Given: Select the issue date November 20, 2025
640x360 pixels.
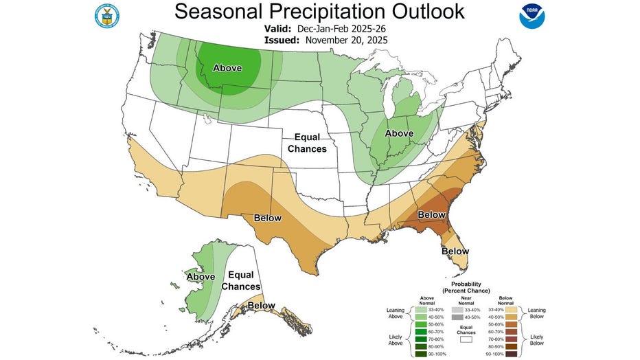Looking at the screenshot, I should click(347, 40).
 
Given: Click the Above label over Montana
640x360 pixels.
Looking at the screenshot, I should click(227, 67).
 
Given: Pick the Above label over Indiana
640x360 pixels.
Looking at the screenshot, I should click(398, 133).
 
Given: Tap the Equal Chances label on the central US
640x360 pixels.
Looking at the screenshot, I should click(307, 142).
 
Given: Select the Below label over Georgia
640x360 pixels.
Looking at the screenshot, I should click(432, 214).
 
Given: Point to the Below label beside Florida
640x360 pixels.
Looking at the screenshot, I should click(455, 251).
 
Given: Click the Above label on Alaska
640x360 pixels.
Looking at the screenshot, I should click(201, 276).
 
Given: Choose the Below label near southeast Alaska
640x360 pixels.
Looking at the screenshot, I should click(261, 305).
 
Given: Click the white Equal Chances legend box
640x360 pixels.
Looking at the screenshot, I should click(466, 339).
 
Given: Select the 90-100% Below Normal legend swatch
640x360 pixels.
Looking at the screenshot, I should click(511, 353).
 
